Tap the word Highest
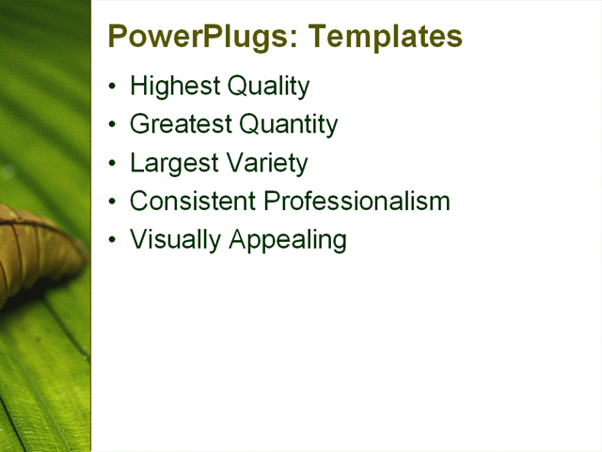pyautogui.click(x=173, y=87)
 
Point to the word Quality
pyautogui.click(x=267, y=87)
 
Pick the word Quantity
pyautogui.click(x=288, y=124)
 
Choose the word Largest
pyautogui.click(x=169, y=163)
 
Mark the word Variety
pyautogui.click(x=264, y=163)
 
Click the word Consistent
pyautogui.click(x=193, y=201)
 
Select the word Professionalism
pyautogui.click(x=357, y=201)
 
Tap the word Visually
pyautogui.click(x=173, y=239)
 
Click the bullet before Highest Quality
pyautogui.click(x=113, y=87)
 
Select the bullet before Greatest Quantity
pyautogui.click(x=113, y=124)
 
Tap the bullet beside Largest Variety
pyautogui.click(x=113, y=163)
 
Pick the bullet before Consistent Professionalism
pyautogui.click(x=113, y=201)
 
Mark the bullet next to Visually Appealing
pyautogui.click(x=113, y=239)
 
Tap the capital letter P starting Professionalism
pyautogui.click(x=272, y=201)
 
